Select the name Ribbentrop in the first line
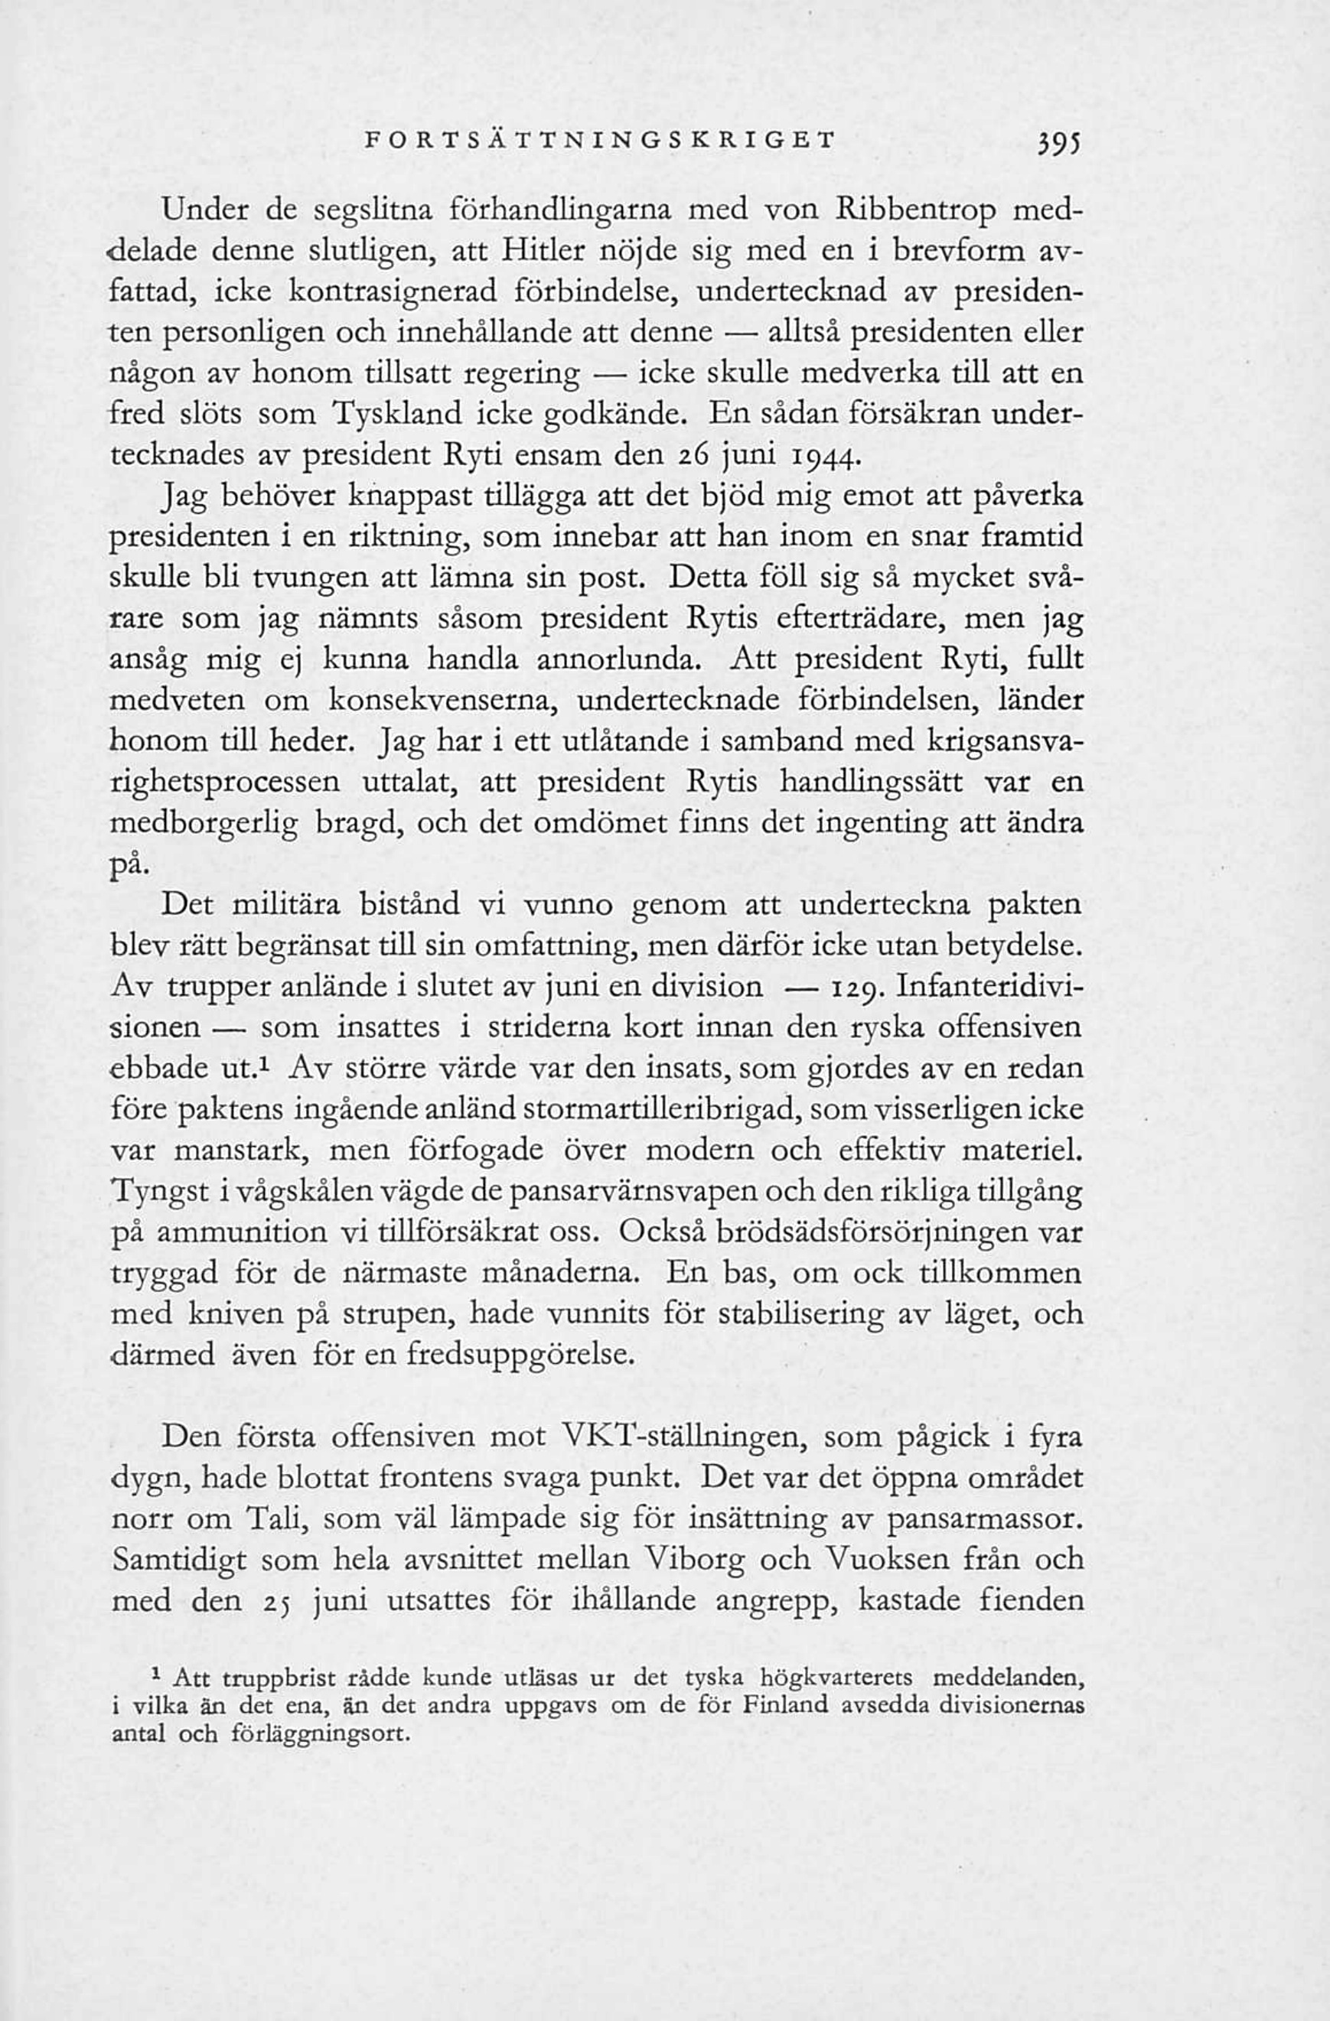pyautogui.click(x=918, y=209)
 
